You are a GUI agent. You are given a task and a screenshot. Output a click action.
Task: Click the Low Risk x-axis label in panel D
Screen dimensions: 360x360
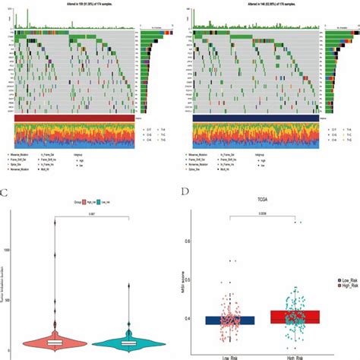223,355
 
